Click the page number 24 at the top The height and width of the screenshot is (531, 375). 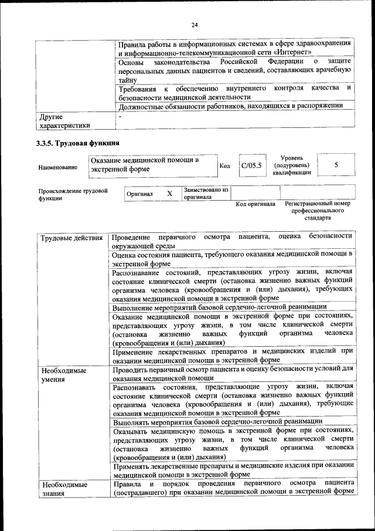click(x=195, y=25)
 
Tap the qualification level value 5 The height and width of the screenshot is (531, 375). click(x=336, y=165)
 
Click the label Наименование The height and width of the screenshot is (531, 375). click(x=57, y=167)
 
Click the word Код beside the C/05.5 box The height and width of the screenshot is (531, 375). click(x=224, y=166)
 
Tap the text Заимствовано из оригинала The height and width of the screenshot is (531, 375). click(x=206, y=194)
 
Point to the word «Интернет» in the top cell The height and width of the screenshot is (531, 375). click(x=302, y=52)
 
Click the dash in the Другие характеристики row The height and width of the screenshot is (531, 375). click(x=120, y=117)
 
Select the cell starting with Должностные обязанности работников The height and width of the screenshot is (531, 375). click(x=230, y=106)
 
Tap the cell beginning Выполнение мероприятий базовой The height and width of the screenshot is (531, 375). click(x=220, y=307)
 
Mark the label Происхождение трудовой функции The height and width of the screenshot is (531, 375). click(x=73, y=194)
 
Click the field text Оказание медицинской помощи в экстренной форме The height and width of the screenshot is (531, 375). click(x=144, y=164)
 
